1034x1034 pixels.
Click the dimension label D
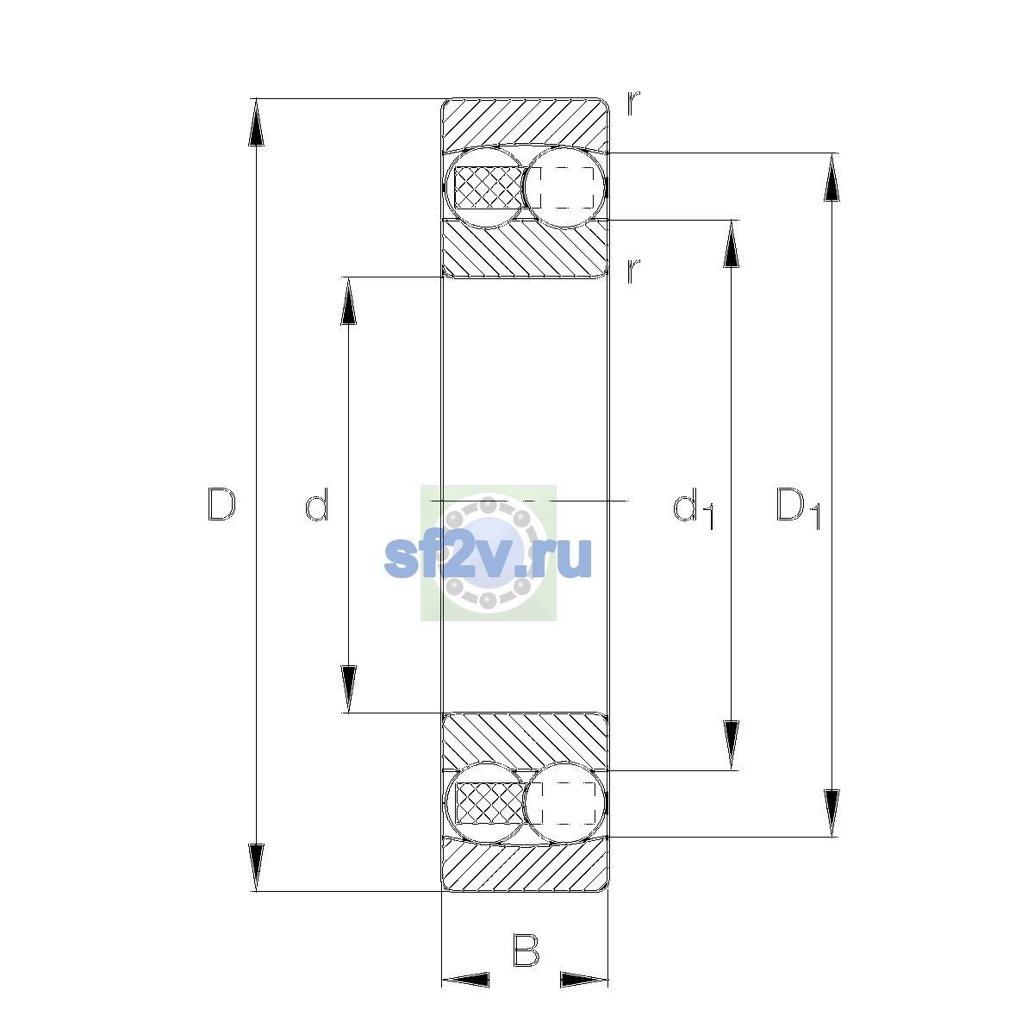coord(221,504)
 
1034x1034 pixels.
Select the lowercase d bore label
coord(316,504)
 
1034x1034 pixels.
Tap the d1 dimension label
coord(693,508)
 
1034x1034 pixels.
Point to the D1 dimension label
coord(798,508)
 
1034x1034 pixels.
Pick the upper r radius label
coord(633,103)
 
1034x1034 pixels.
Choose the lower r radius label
coord(633,271)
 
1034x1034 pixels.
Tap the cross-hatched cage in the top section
coord(489,187)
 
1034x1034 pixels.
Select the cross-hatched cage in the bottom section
coord(489,803)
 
